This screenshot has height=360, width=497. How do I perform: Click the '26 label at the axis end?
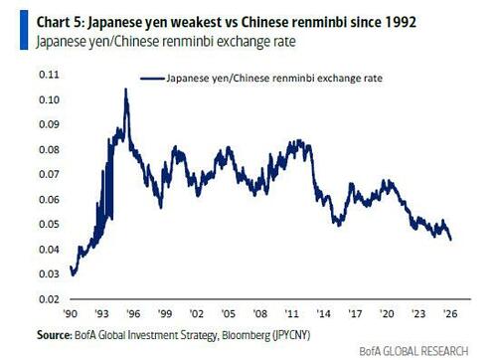pos(449,311)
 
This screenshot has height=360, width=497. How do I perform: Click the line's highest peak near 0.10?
pos(125,90)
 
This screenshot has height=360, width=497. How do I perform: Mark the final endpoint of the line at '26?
pos(451,240)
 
